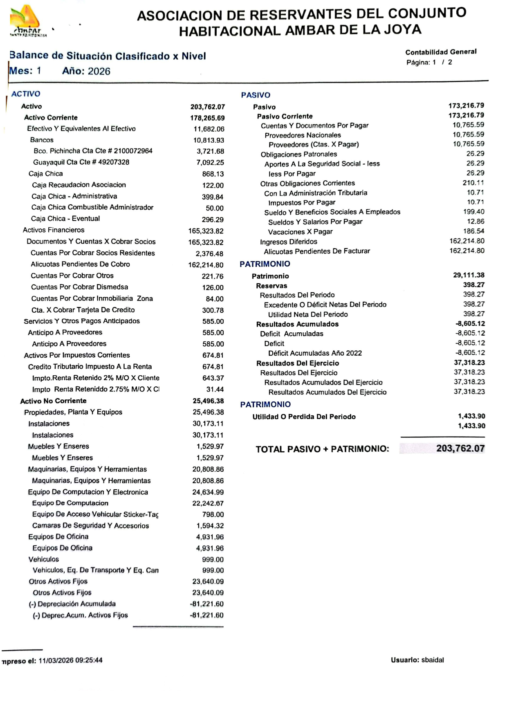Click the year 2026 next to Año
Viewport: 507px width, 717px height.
[99, 72]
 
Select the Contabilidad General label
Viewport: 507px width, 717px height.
[441, 52]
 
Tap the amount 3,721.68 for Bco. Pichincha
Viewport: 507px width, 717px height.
[210, 151]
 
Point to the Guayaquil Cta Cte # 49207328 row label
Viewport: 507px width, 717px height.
[81, 162]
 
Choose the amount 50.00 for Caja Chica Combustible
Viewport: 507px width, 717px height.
[215, 208]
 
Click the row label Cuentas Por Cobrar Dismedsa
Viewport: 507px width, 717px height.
[79, 287]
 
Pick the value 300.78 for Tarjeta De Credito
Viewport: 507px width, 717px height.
[213, 310]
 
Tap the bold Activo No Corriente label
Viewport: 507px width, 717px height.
[53, 401]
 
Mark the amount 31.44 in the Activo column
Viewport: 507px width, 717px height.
[215, 390]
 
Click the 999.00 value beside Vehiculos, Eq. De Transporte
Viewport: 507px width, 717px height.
[213, 570]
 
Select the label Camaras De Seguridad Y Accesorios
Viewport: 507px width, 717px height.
[90, 526]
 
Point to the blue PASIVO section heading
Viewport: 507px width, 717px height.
[256, 95]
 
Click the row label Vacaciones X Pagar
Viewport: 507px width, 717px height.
[300, 232]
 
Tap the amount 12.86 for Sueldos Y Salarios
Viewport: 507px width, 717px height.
[476, 222]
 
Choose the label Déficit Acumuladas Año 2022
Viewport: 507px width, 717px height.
[315, 353]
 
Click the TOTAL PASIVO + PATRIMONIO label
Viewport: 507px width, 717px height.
[322, 449]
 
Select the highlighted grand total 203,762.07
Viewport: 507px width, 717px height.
[460, 448]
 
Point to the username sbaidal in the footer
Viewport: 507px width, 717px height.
[433, 660]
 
